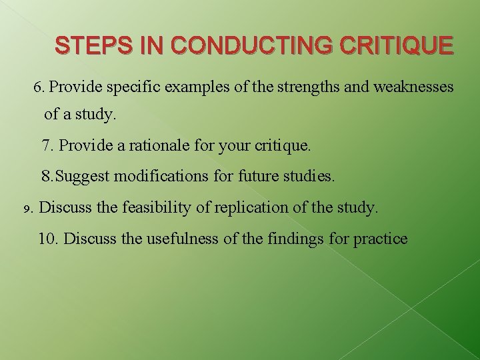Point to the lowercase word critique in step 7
(284, 145)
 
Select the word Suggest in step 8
(84, 177)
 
